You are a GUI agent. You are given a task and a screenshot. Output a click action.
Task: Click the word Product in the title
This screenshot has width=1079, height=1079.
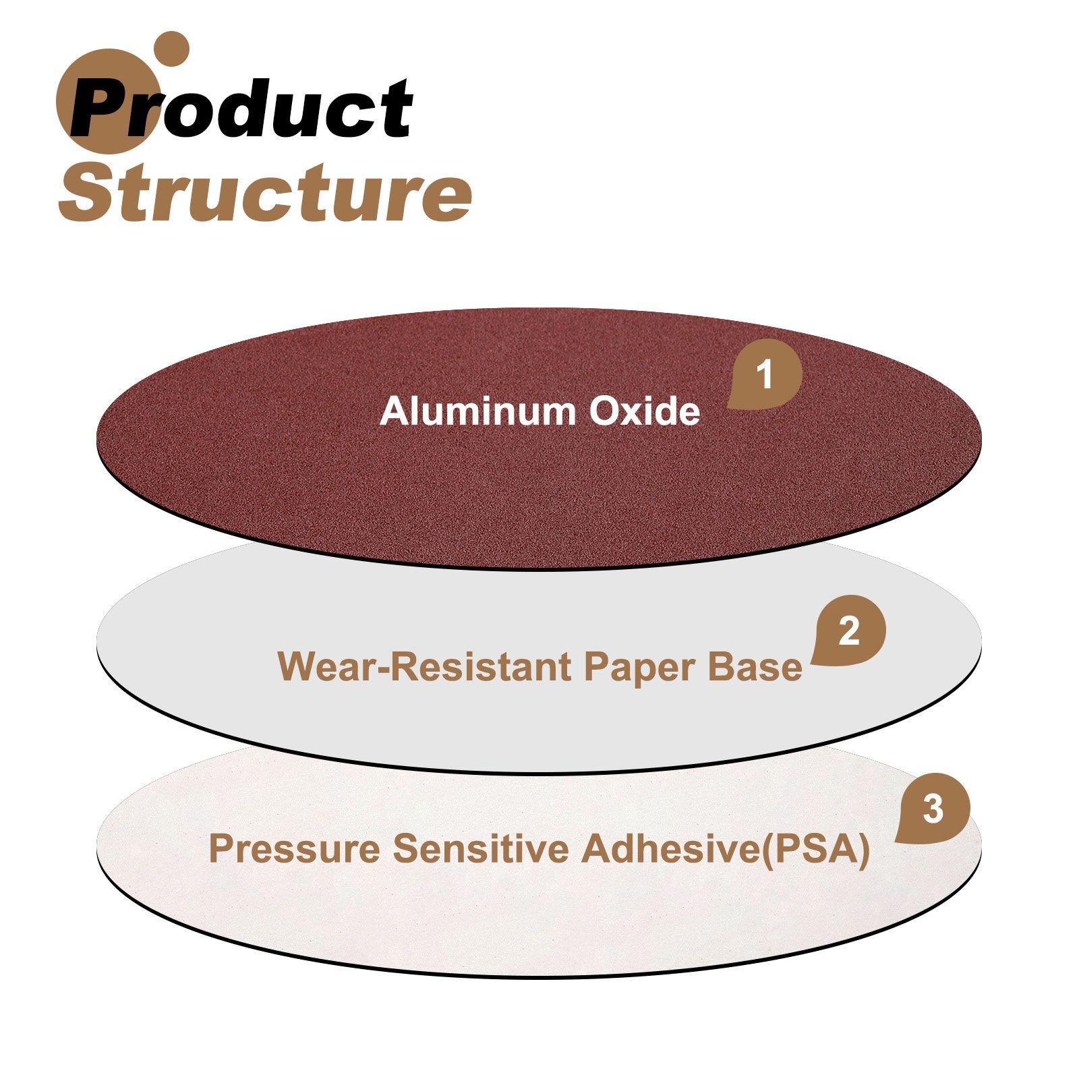pos(242,108)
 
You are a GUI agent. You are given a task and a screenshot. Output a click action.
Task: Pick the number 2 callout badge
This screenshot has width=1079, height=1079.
pos(848,631)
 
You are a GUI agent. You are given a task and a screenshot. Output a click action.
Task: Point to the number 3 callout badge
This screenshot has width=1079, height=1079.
pos(932,809)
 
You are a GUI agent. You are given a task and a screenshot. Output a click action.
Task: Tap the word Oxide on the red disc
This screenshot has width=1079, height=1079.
pos(645,411)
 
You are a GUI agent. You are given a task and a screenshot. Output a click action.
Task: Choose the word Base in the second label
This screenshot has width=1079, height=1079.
pos(755,667)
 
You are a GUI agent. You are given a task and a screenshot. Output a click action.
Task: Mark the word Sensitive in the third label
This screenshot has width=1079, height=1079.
pos(482,848)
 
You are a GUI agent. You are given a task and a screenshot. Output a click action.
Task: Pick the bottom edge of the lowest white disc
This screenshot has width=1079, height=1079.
pos(539,977)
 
